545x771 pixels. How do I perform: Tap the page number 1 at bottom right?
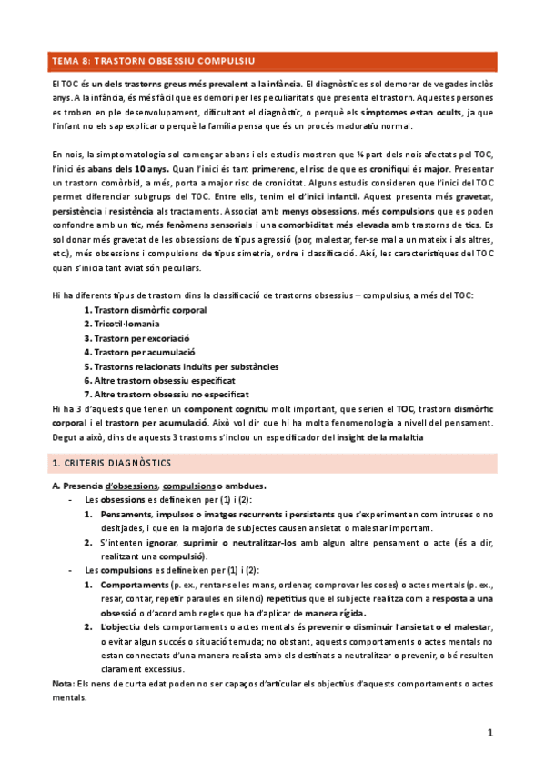[x=489, y=732]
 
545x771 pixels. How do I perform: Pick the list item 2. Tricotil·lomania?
[x=122, y=324]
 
